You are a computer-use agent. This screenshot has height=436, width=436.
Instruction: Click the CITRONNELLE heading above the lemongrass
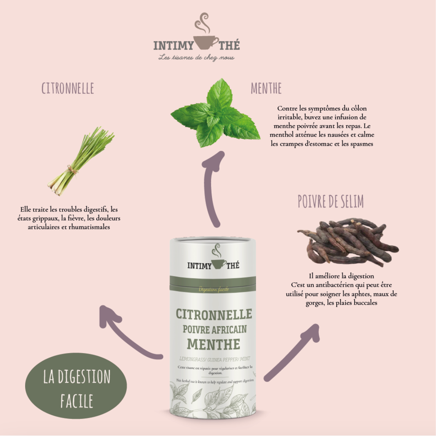[68, 88]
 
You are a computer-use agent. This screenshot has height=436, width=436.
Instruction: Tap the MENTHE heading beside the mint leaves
[266, 88]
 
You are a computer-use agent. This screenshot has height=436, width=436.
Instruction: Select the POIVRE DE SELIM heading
[331, 202]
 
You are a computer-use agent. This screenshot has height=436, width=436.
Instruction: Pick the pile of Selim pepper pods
[347, 242]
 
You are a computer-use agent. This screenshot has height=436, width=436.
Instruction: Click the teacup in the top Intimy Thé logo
[205, 43]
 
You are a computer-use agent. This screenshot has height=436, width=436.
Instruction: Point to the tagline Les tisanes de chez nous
[196, 57]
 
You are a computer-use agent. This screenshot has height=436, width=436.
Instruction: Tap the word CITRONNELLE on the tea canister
[214, 314]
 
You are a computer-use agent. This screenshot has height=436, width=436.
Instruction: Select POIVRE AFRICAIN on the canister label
[215, 329]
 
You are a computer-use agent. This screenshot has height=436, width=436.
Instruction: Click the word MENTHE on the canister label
[214, 344]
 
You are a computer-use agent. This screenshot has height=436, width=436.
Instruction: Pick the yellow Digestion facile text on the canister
[213, 290]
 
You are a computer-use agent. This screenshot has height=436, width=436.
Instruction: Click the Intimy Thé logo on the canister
[213, 263]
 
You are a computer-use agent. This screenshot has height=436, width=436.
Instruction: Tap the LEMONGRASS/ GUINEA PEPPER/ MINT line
[214, 359]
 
